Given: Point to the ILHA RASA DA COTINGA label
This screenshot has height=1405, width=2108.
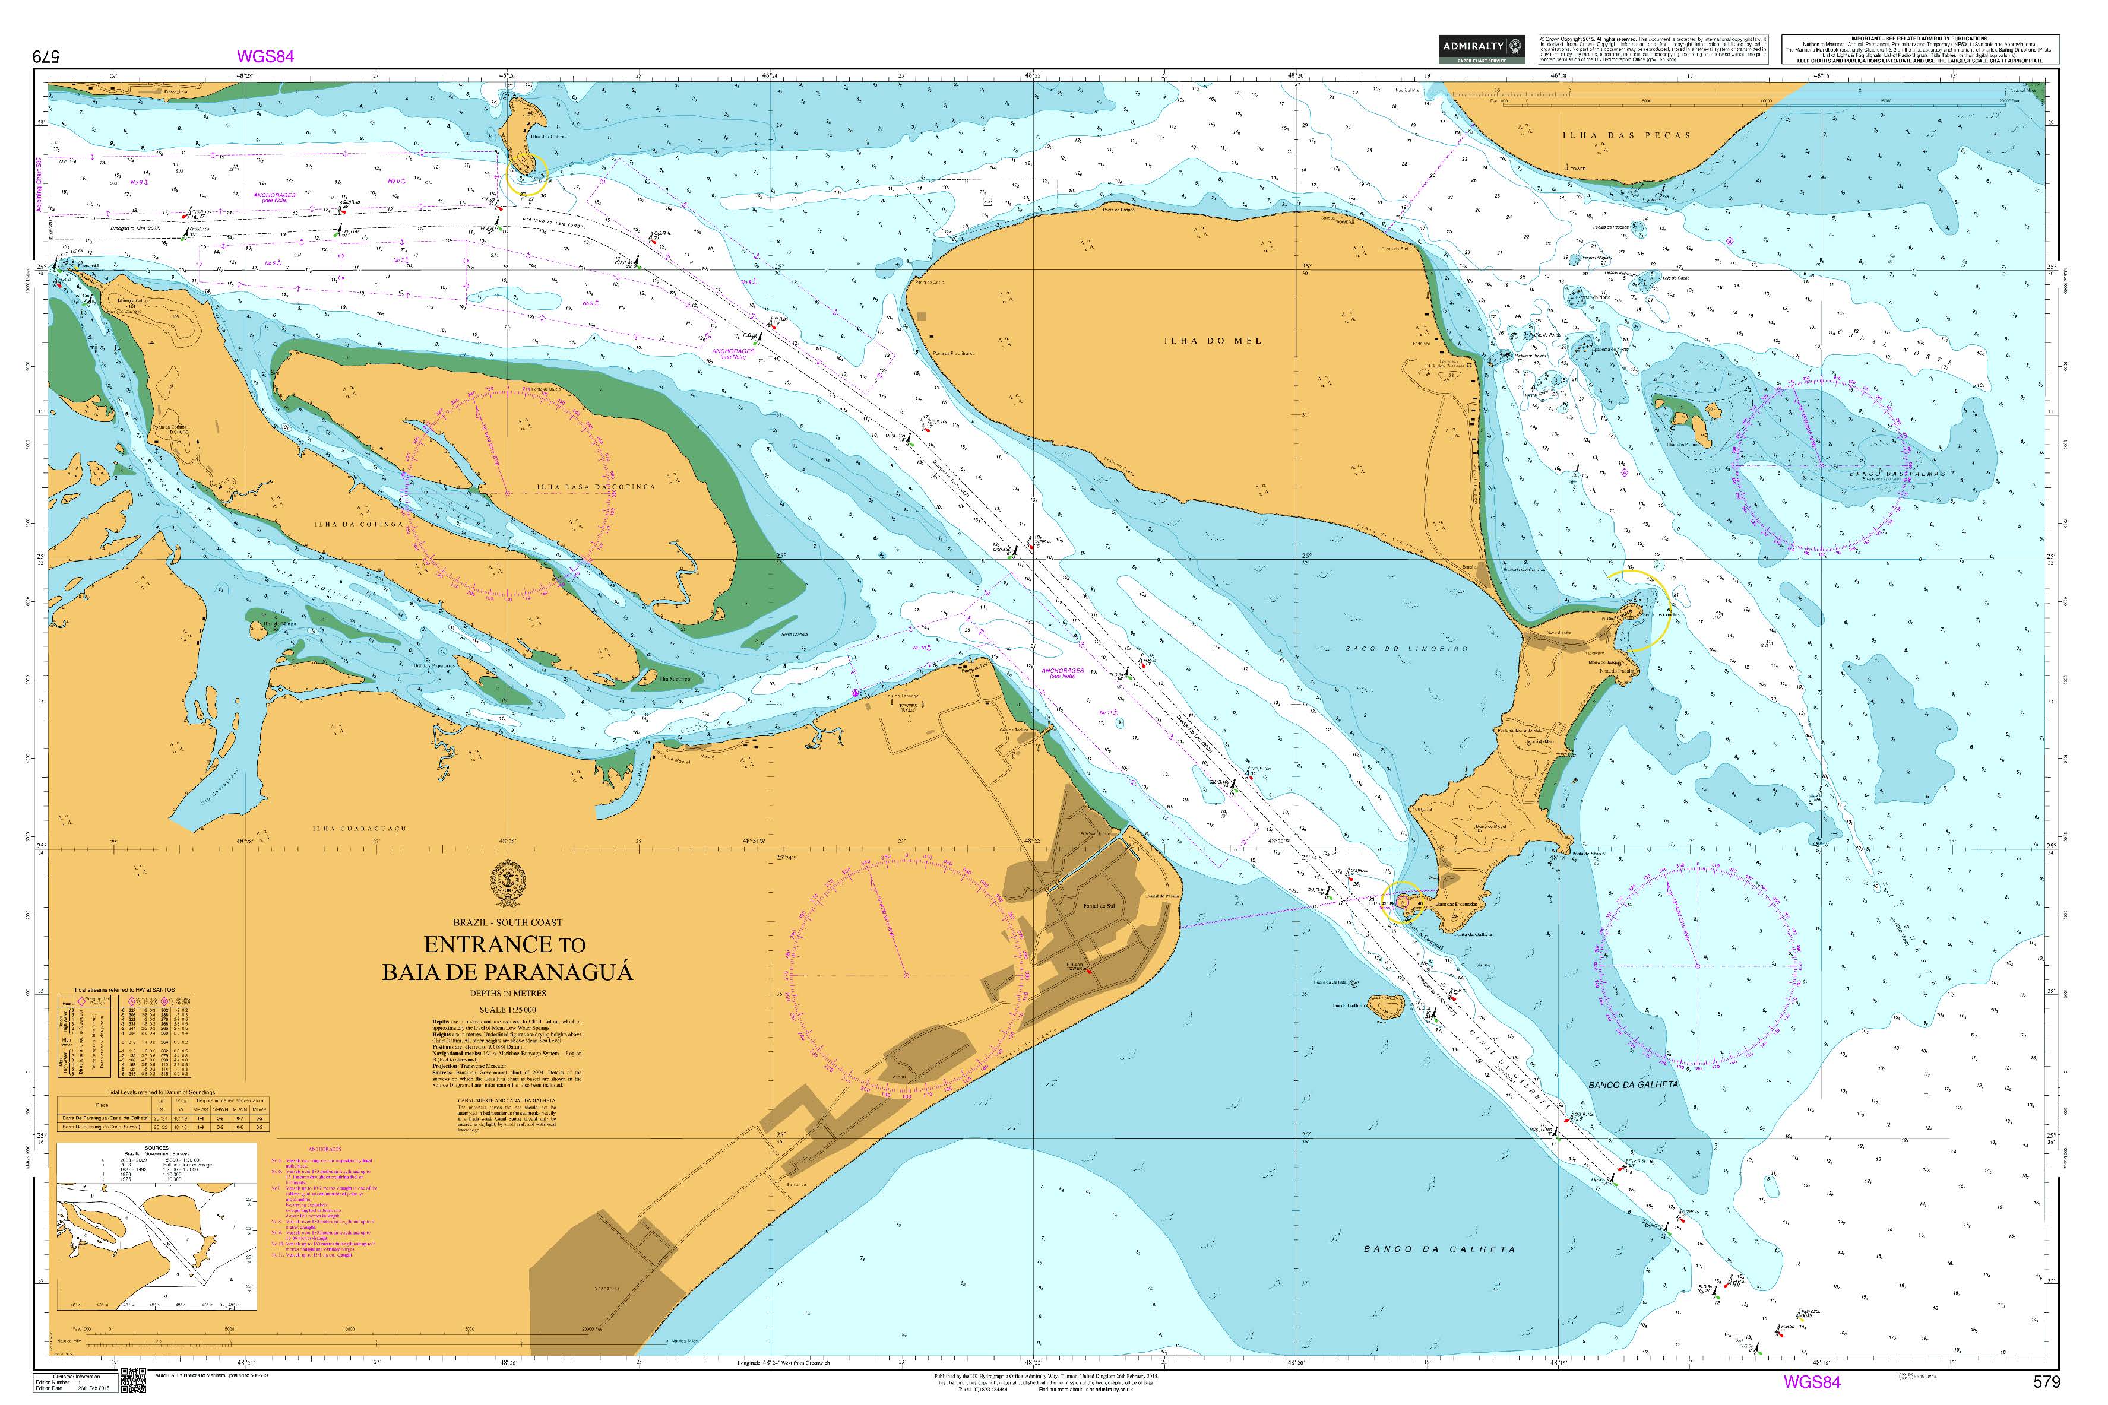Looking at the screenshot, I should (596, 487).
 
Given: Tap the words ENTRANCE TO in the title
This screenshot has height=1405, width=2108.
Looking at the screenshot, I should (505, 944).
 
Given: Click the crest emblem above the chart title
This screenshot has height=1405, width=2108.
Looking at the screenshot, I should (507, 883).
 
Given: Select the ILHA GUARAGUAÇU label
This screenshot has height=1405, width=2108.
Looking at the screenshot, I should (359, 829).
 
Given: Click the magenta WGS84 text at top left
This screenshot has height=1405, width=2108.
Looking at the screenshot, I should (265, 56).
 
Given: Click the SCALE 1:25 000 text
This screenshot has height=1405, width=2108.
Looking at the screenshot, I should (507, 1010).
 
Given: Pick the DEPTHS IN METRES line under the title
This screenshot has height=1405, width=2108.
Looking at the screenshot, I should (507, 993).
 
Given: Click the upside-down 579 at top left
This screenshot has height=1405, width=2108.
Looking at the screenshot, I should (45, 56).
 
